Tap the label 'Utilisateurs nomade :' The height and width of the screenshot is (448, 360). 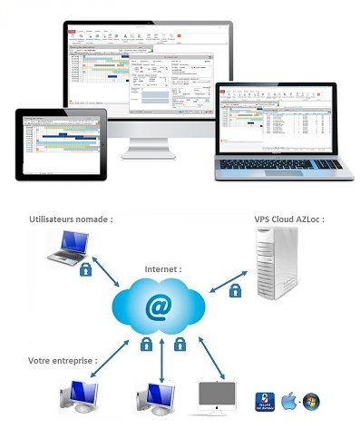pos(72,219)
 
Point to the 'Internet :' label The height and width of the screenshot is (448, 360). pos(163,269)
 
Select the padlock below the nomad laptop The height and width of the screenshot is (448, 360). pos(87,269)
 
